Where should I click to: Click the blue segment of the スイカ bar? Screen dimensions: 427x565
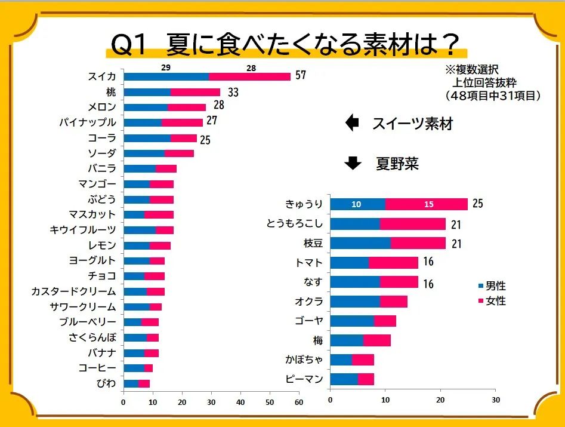[166, 76]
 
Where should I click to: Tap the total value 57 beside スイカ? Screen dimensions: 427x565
[300, 76]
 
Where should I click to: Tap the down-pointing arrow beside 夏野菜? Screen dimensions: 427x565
[353, 162]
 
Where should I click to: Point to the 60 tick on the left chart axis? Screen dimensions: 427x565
[298, 403]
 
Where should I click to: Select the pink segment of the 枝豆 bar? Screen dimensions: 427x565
[418, 243]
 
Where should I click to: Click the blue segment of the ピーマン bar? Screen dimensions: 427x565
[344, 379]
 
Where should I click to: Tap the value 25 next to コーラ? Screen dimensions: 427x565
[206, 141]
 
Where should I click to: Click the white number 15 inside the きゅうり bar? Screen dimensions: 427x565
[429, 204]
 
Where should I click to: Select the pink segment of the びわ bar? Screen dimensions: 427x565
[144, 383]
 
